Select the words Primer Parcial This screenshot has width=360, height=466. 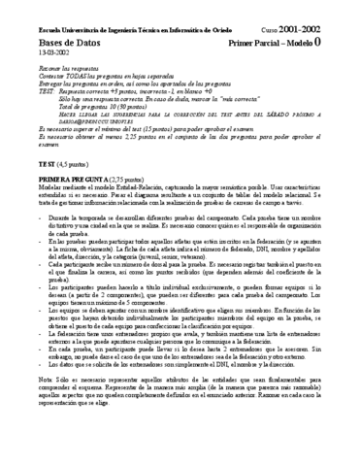[265, 44]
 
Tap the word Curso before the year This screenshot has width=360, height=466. [284, 31]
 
